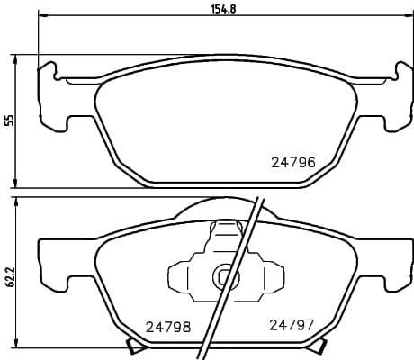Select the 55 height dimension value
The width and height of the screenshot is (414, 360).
click(10, 120)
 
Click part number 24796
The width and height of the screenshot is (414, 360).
click(292, 163)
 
